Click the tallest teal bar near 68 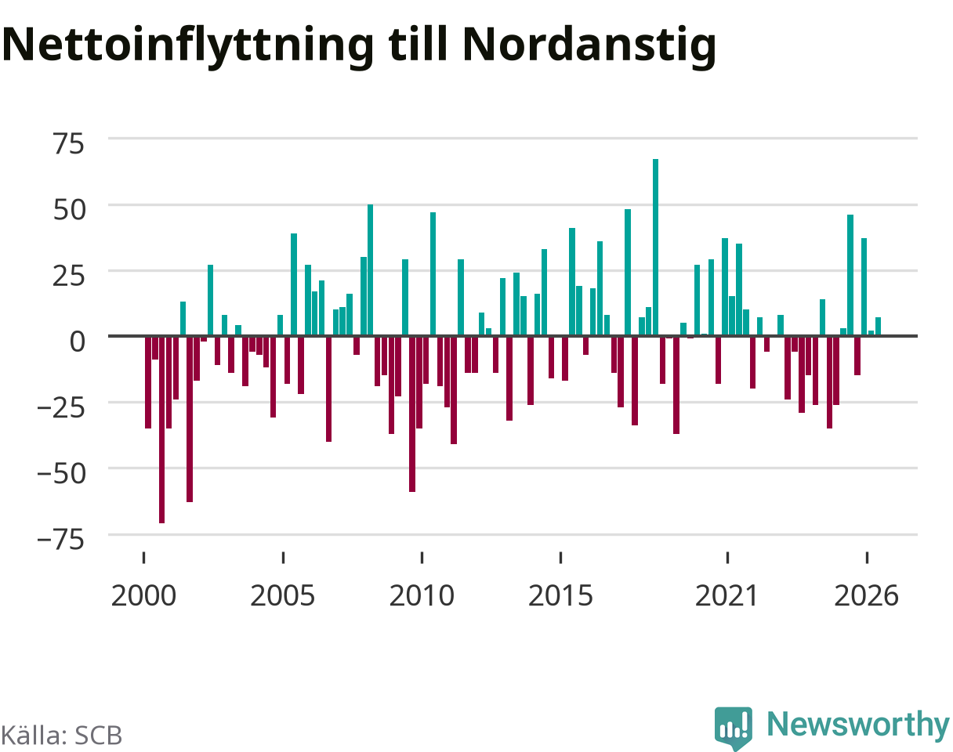[x=655, y=248]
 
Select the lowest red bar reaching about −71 [x=161, y=429]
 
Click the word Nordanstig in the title [x=589, y=46]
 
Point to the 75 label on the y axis [x=69, y=143]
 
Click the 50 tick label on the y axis [x=69, y=210]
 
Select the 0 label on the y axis [x=78, y=342]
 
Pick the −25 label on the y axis [x=61, y=407]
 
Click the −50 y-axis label [x=61, y=474]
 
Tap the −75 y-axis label [x=61, y=540]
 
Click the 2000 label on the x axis [x=143, y=596]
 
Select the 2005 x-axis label [x=283, y=596]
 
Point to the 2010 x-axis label [x=422, y=596]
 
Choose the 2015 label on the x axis [x=560, y=596]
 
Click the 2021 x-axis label [x=727, y=596]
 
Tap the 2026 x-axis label [x=867, y=596]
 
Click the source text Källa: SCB [x=62, y=736]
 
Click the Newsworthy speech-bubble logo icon [x=734, y=728]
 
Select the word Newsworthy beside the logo [x=858, y=725]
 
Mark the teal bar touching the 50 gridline [x=370, y=270]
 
